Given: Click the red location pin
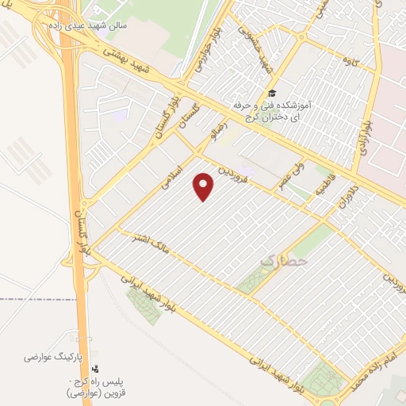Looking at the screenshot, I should coord(205,187).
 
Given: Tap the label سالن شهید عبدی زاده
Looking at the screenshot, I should coord(86,25).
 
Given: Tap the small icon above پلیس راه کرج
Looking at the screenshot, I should coord(96,369).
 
